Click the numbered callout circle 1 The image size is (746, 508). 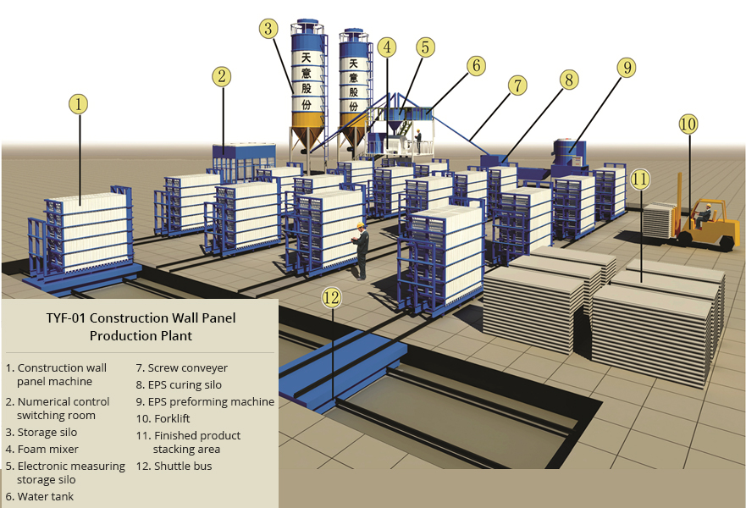[78, 104]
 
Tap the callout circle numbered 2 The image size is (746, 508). [222, 77]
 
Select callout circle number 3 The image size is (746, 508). [268, 29]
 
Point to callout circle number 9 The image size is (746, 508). [626, 68]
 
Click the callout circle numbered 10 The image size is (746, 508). [688, 124]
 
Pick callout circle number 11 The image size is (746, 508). [640, 179]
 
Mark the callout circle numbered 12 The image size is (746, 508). [332, 297]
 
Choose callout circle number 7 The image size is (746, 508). [517, 85]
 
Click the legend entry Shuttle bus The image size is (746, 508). [180, 466]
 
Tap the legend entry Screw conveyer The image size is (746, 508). [187, 368]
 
